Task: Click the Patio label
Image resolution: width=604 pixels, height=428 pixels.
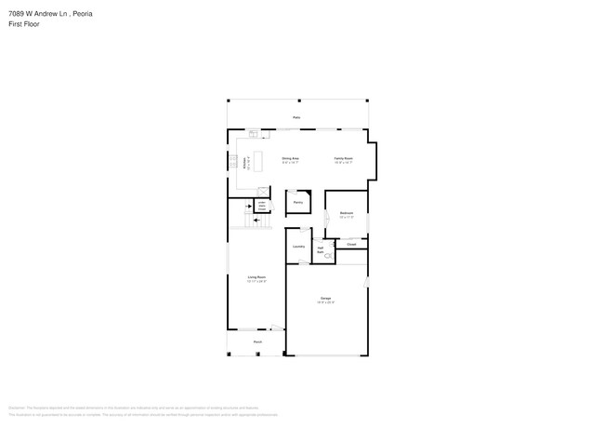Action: [296, 117]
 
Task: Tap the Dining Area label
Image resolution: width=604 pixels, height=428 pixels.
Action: [290, 158]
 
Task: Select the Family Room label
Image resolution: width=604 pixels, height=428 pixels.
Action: [344, 158]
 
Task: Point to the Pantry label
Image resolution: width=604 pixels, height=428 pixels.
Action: [297, 202]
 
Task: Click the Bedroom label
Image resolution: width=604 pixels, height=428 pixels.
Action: [346, 214]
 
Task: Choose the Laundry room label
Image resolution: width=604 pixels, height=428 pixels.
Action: [298, 247]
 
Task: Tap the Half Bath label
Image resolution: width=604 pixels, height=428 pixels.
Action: [321, 248]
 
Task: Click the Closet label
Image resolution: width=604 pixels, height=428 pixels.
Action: [351, 244]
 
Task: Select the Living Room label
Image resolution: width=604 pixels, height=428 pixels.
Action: [256, 278]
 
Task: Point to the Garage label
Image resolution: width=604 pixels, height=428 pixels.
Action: [325, 299]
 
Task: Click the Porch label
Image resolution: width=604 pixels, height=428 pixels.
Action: [256, 341]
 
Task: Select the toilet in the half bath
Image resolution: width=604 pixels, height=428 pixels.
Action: [327, 257]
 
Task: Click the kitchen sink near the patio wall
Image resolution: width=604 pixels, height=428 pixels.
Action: [252, 134]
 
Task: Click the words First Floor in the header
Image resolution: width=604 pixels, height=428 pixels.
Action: [20, 24]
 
